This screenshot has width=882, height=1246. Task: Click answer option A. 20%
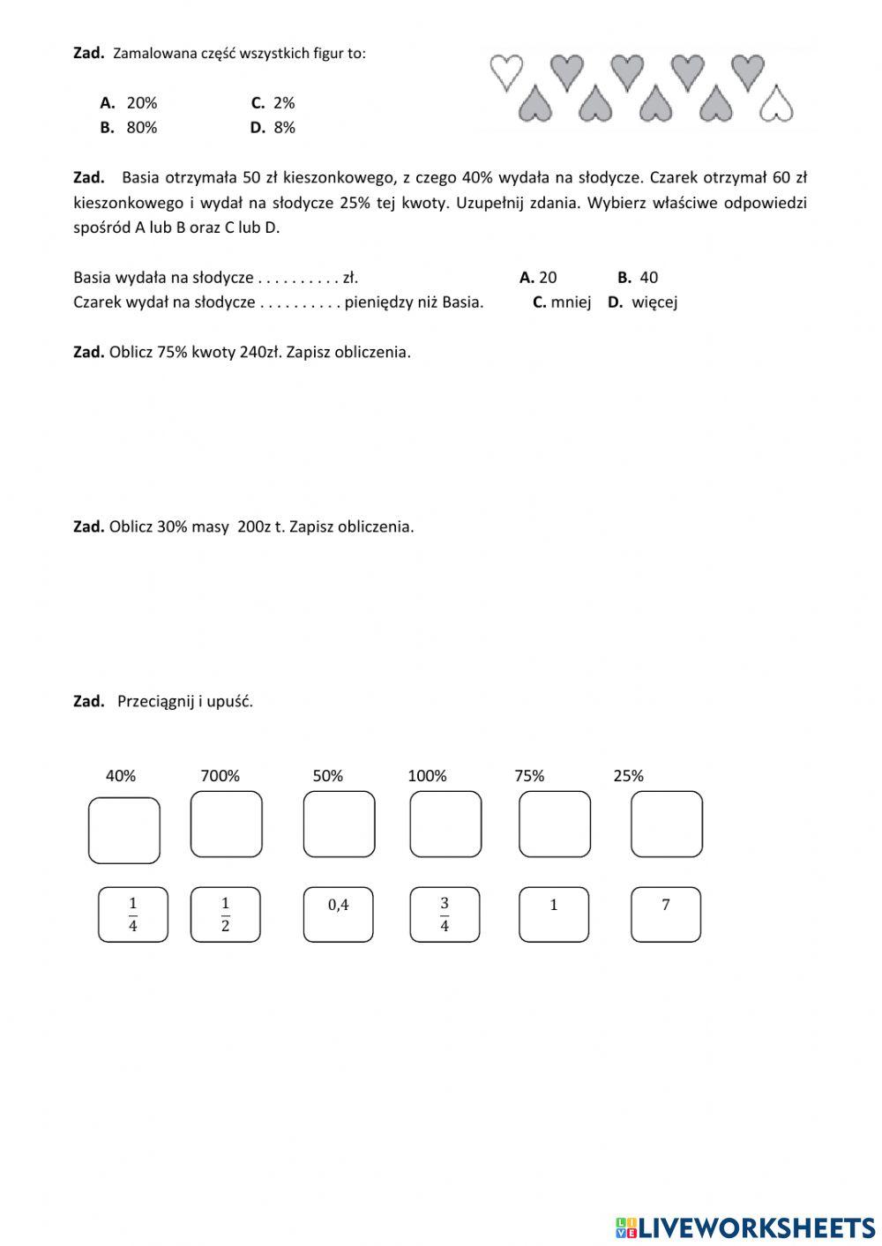pos(130,102)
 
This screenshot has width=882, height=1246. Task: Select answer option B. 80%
pos(130,127)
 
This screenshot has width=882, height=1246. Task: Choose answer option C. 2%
pos(273,102)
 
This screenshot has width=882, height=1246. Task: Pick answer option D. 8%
pos(273,127)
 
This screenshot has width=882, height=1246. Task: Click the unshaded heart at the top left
pos(506,71)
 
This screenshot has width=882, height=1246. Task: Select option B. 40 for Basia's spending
pos(638,277)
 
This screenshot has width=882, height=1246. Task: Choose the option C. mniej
pos(562,302)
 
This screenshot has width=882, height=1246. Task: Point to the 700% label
pos(220,776)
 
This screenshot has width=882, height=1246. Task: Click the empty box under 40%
pos(124,830)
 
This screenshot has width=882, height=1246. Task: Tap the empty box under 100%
pos(445,824)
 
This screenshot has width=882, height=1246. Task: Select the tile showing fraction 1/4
pos(133,914)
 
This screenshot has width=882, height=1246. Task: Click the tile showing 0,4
pos(339,914)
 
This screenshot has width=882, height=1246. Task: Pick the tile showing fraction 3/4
pos(445,914)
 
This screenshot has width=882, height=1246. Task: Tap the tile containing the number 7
pos(666,914)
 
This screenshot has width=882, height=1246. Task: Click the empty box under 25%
pos(667,824)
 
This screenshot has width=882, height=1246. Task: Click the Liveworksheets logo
pos(745,1227)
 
